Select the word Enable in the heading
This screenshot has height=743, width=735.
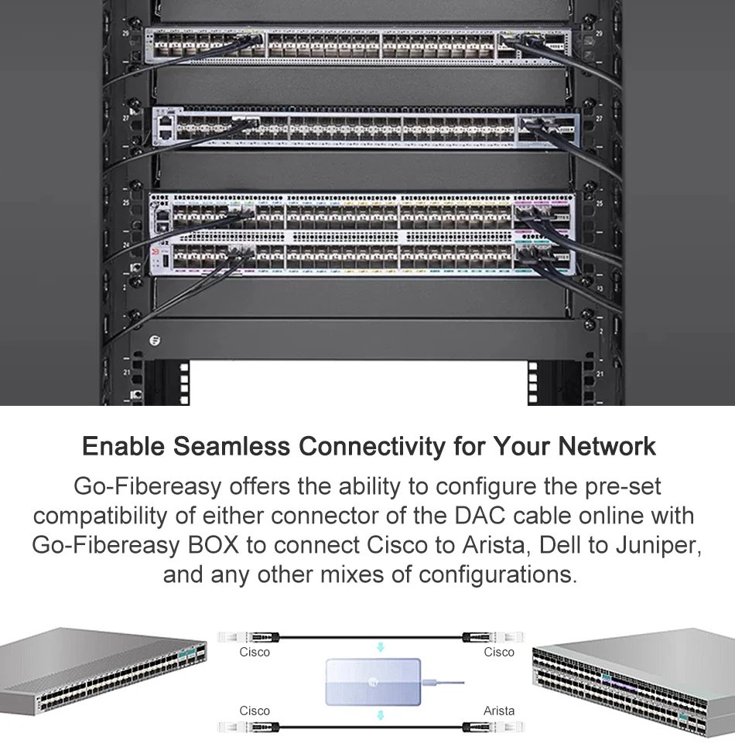pos(123,447)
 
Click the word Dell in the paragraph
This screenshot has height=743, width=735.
pos(562,545)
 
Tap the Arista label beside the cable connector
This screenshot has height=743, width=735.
pos(499,711)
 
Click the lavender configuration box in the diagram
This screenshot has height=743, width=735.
pos(374,682)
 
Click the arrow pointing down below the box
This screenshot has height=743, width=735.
pos(380,716)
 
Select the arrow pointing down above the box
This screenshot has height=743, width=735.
pos(380,646)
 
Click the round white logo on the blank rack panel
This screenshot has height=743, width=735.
pos(156,339)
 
